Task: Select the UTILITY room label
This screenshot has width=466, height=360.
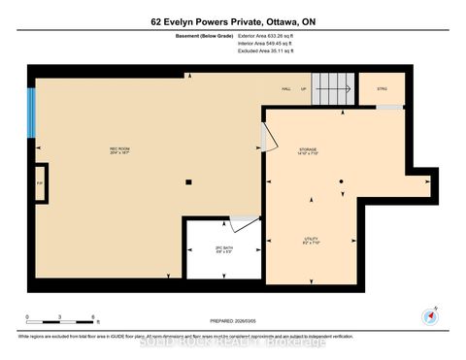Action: click(x=311, y=239)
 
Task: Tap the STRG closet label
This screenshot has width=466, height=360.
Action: click(x=382, y=88)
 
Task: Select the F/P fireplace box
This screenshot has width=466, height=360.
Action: click(x=40, y=182)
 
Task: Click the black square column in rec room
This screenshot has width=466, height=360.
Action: click(x=190, y=181)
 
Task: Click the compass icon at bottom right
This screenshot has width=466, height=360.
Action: click(x=430, y=315)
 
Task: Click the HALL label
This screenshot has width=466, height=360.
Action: click(x=286, y=88)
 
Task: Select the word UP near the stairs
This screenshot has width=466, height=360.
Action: click(x=304, y=88)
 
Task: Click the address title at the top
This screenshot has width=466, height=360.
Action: click(x=233, y=21)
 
